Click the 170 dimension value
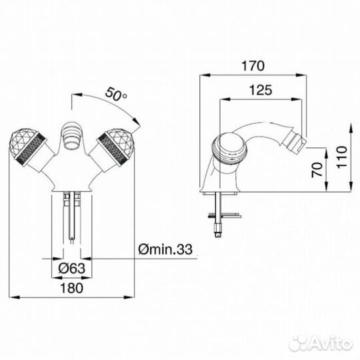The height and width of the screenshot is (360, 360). (x=253, y=65)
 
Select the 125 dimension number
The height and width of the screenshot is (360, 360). (x=261, y=90)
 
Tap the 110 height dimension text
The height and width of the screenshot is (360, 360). (x=341, y=157)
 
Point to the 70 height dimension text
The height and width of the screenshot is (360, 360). (x=317, y=170)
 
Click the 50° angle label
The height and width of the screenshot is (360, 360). (x=116, y=94)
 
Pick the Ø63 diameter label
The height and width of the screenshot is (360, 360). (x=71, y=268)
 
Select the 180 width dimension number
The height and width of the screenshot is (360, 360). (x=71, y=288)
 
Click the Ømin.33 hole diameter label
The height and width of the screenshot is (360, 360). (x=165, y=249)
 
